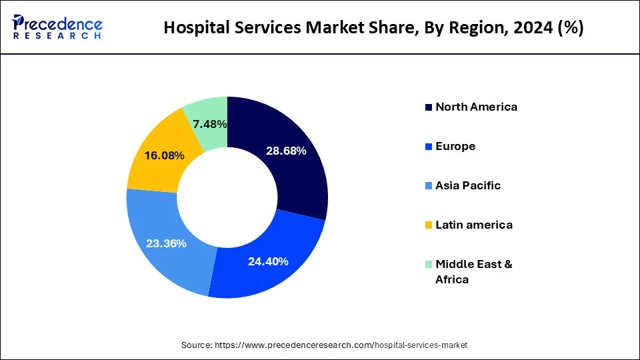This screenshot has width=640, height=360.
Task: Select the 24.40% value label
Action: (268, 261)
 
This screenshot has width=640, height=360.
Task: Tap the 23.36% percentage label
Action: (166, 243)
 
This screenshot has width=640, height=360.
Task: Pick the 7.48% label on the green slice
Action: (209, 124)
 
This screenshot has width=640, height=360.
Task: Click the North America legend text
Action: (476, 107)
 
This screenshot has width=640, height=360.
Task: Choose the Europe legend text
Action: (455, 146)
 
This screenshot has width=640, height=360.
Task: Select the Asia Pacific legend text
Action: (467, 185)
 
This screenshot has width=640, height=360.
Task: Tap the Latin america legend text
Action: (474, 225)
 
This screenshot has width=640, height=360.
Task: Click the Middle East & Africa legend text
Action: (473, 271)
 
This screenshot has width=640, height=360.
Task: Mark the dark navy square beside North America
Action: (428, 107)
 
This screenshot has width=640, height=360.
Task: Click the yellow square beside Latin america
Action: (428, 225)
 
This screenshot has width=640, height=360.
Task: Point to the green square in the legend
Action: (428, 265)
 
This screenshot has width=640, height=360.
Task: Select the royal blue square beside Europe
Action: (428, 147)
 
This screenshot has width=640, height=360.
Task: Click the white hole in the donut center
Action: (227, 197)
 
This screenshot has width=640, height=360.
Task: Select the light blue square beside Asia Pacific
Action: (428, 186)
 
